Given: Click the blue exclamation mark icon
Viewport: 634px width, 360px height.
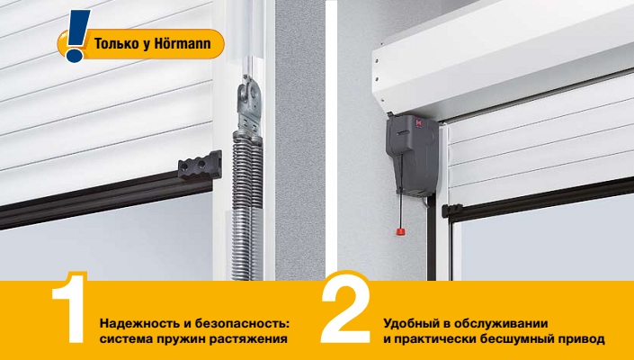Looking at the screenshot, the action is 76,36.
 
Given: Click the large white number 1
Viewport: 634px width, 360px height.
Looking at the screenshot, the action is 69,308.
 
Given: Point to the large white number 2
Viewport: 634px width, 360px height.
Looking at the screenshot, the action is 345,308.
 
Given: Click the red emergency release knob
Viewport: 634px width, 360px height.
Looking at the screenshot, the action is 400,232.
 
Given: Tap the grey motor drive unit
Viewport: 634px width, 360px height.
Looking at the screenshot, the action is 412,156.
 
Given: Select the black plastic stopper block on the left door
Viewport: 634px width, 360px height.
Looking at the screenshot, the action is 200,165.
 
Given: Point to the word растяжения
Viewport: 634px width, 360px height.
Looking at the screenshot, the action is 248,339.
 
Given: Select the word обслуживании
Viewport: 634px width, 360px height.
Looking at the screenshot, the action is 501,324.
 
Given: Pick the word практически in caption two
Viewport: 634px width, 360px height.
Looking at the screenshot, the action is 433,339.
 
